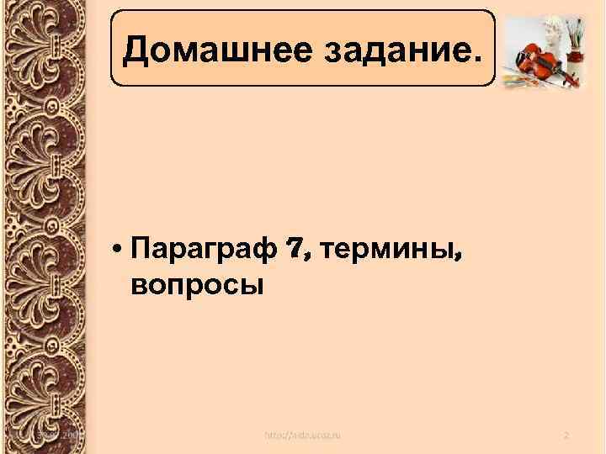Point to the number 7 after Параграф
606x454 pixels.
[293, 249]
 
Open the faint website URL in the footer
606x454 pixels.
[303, 434]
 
